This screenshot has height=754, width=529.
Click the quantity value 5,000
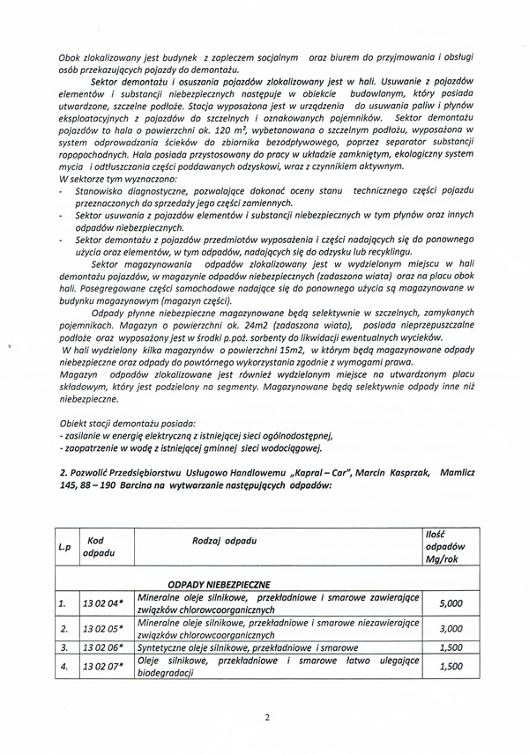pos(450,604)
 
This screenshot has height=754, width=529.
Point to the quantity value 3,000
pos(450,629)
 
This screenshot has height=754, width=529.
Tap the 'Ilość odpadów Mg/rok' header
pos(445,546)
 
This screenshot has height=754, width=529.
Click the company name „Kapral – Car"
pos(290,473)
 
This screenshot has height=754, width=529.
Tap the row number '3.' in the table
pos(63,647)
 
